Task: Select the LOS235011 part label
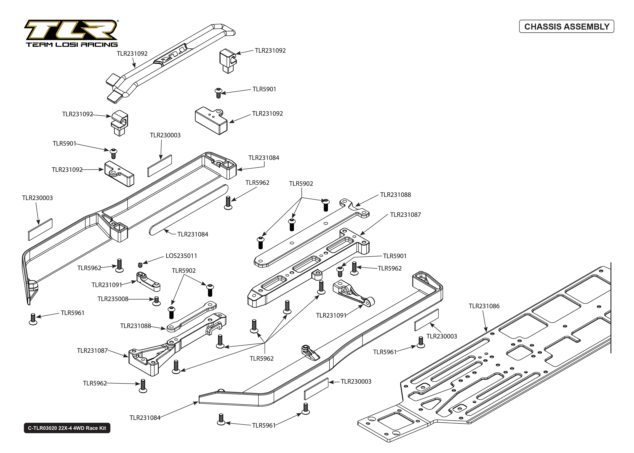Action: coord(181,256)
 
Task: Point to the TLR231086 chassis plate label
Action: coord(484,306)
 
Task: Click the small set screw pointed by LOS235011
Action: coord(140,265)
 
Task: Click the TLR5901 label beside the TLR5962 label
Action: coord(395,256)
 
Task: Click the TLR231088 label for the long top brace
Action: coord(395,195)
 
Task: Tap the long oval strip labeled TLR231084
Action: coord(189,210)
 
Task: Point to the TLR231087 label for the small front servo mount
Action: coord(92,351)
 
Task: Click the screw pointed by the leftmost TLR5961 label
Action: coord(33,319)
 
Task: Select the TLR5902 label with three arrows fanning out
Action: coord(301,184)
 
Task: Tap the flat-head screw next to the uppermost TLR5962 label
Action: coord(228,203)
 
